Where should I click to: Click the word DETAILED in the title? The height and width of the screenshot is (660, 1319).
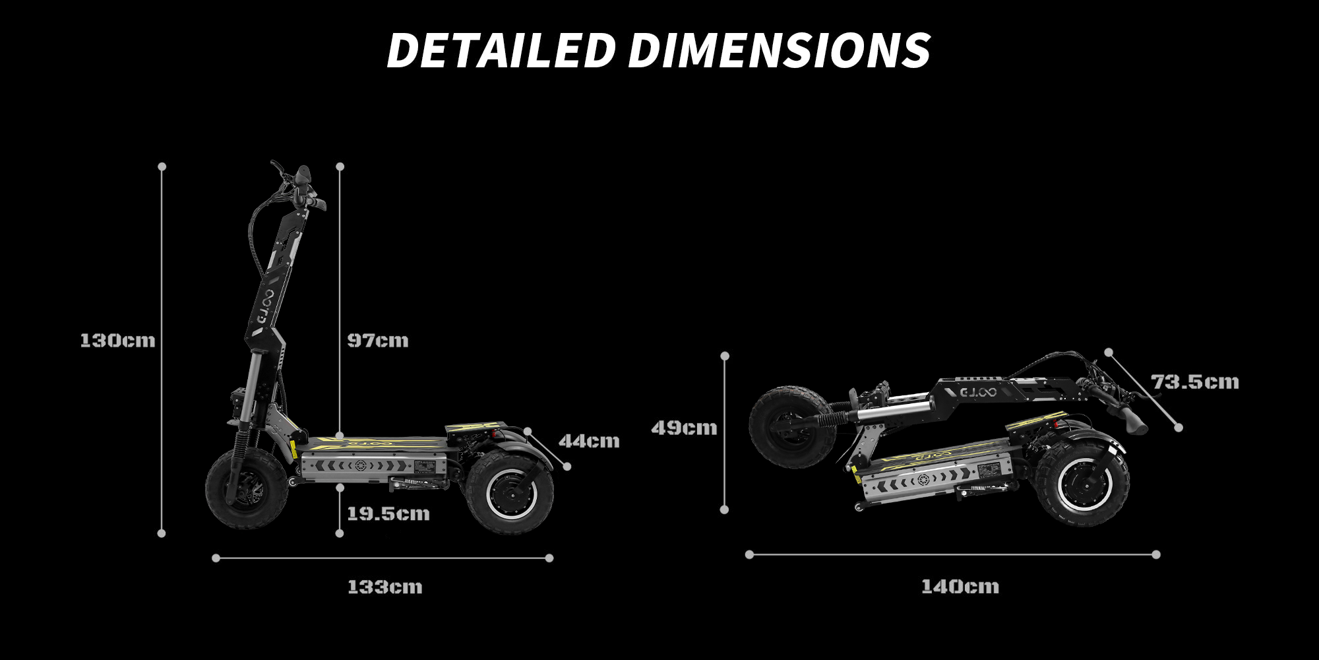click(x=501, y=50)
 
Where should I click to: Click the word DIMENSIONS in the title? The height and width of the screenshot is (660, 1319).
click(x=779, y=50)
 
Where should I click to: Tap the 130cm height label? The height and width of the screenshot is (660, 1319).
click(x=117, y=341)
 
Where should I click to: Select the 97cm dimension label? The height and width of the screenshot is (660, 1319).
click(x=378, y=341)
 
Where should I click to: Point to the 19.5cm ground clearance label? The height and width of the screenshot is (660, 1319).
click(x=388, y=513)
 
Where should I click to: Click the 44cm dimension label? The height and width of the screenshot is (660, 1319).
click(x=590, y=441)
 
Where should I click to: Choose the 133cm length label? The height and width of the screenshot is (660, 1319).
click(x=385, y=587)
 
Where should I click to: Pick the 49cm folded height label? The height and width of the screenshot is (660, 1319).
click(x=684, y=428)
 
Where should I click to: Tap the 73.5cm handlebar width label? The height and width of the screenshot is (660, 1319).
click(x=1195, y=381)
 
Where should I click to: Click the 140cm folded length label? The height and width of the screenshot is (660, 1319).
click(x=960, y=586)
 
